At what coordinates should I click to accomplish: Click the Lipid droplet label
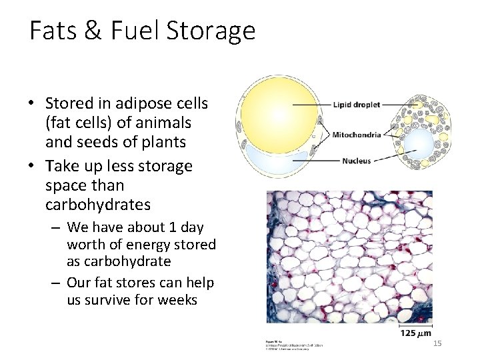click(356, 105)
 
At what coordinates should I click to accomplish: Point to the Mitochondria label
click(357, 135)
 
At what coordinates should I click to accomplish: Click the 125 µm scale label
click(415, 333)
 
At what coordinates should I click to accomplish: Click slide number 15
click(437, 343)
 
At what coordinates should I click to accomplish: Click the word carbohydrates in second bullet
click(97, 204)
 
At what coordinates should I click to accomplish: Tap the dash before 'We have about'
click(56, 228)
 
